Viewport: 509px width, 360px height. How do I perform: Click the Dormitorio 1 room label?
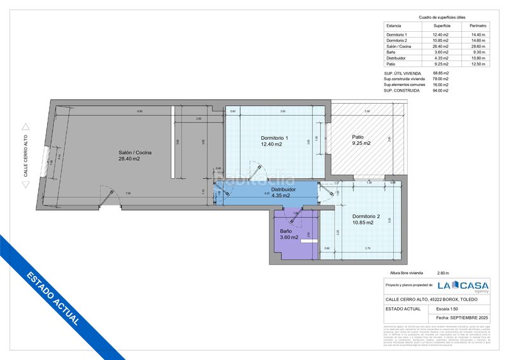(x=274, y=138)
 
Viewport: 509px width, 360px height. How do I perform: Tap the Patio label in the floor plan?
(x=358, y=137)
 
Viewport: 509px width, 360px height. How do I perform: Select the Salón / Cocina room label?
(x=135, y=152)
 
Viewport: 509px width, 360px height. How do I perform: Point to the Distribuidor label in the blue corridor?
(x=284, y=189)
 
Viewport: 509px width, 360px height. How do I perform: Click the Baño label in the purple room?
(x=286, y=231)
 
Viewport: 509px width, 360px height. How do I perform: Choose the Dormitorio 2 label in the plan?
(x=366, y=216)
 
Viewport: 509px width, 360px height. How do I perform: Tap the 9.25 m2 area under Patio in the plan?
(x=361, y=144)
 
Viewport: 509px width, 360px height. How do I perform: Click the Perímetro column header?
(x=477, y=25)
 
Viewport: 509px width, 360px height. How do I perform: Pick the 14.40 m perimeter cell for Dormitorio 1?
(x=477, y=35)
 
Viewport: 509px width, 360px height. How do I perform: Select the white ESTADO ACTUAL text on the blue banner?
(x=53, y=299)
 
